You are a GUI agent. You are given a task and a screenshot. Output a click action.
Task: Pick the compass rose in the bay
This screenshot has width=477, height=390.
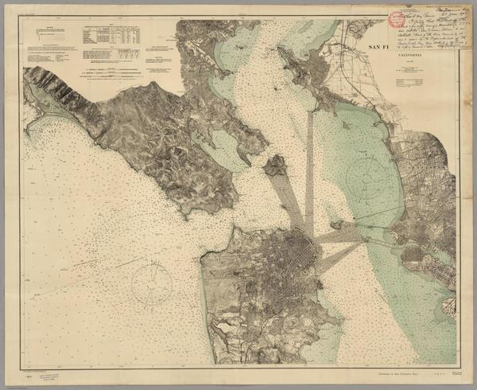tap(368, 170)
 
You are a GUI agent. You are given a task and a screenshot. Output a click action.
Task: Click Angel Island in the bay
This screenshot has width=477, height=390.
tap(276, 166)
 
